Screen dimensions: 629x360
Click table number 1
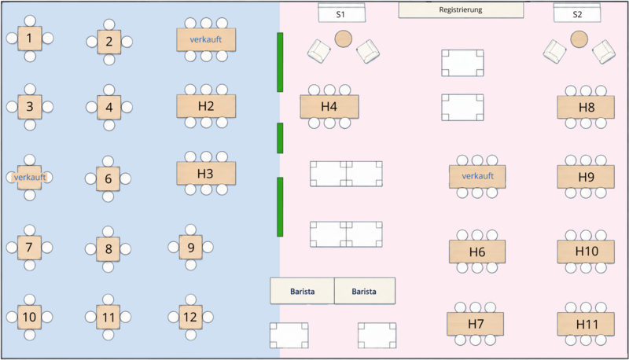(30, 39)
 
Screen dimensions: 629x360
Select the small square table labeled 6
(108, 178)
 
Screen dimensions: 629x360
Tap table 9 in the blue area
(190, 248)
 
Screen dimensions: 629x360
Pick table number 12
(190, 317)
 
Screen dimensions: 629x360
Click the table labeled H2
(206, 106)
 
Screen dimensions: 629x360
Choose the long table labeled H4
(329, 107)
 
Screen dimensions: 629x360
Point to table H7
(476, 324)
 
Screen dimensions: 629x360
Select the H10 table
(586, 252)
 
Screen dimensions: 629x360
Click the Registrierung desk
(461, 10)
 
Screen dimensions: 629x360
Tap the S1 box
(341, 13)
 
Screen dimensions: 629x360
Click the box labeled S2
(577, 13)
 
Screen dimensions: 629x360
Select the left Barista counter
(302, 291)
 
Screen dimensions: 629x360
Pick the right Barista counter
(365, 291)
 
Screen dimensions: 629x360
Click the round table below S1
(344, 39)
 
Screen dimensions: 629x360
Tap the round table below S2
(579, 39)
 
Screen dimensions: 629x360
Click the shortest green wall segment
(280, 138)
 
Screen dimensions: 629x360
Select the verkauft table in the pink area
(477, 176)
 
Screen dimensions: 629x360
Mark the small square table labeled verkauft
(30, 177)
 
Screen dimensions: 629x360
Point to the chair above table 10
(30, 299)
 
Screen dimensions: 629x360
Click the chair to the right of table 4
(127, 108)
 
